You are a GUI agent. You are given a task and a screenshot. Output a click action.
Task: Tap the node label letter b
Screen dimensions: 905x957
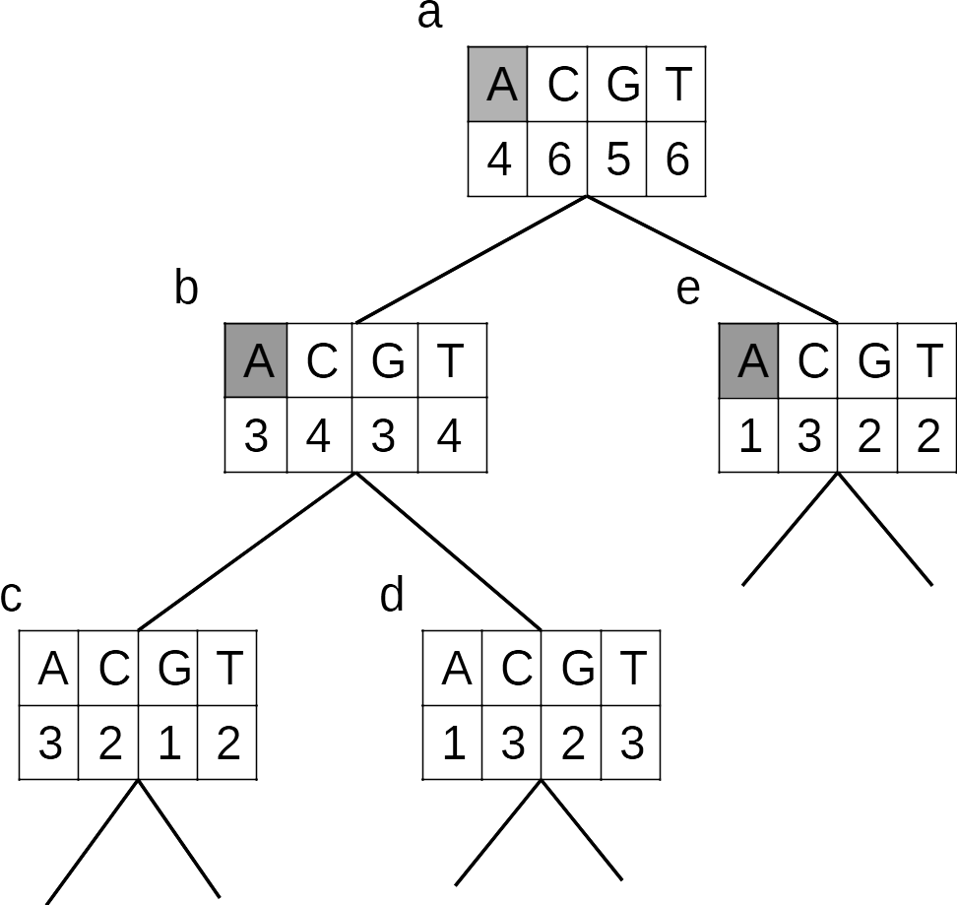(x=186, y=289)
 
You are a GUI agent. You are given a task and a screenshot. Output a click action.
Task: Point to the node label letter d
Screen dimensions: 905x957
(x=392, y=595)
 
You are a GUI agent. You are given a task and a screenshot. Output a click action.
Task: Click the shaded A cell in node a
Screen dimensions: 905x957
(x=498, y=85)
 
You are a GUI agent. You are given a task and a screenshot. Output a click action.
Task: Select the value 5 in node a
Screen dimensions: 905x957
(x=616, y=159)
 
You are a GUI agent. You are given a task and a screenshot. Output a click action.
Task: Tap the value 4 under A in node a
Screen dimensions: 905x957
(x=498, y=159)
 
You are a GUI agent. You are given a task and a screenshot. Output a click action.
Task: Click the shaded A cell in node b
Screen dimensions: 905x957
(x=256, y=360)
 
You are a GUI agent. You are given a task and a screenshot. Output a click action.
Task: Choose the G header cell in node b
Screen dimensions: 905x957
(x=385, y=360)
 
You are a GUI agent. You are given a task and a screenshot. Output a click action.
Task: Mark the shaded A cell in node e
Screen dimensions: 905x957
(x=750, y=360)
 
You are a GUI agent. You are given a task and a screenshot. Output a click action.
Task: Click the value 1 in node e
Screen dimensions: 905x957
(x=750, y=434)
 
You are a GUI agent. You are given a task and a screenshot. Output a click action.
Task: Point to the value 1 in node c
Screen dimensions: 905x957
(x=168, y=743)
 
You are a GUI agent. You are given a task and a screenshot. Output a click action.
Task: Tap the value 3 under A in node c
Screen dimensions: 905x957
(x=50, y=743)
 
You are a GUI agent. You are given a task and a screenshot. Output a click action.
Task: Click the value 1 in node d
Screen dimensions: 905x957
(x=453, y=743)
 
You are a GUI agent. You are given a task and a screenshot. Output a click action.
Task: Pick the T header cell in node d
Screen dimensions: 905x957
(x=630, y=669)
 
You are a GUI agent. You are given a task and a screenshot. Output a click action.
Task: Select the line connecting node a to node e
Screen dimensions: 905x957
(x=712, y=259)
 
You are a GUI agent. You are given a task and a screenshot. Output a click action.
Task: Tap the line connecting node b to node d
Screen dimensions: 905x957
(x=448, y=551)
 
